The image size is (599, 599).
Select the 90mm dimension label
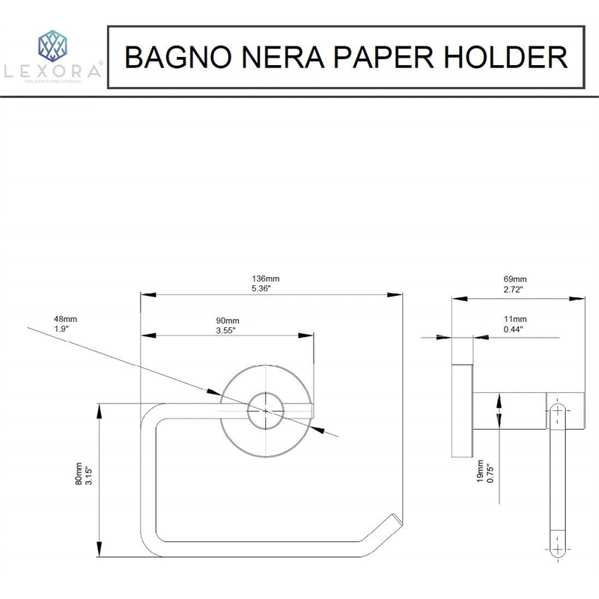[226, 320]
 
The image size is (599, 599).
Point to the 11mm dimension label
[513, 320]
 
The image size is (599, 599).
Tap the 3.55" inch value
[226, 329]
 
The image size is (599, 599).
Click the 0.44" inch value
[513, 329]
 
